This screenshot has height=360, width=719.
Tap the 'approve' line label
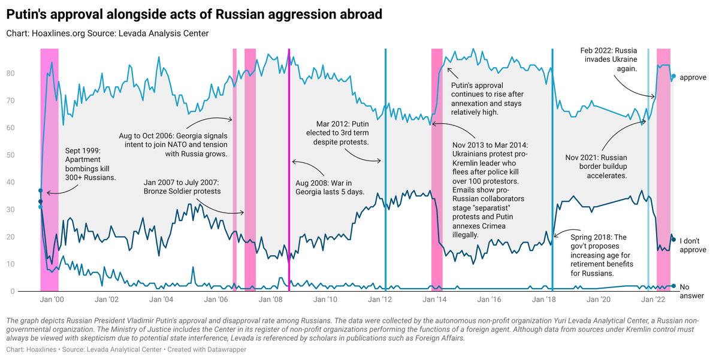tap(694, 77)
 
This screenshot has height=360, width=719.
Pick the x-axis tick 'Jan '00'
tap(55, 300)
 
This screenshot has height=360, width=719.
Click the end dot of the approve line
tap(673, 77)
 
